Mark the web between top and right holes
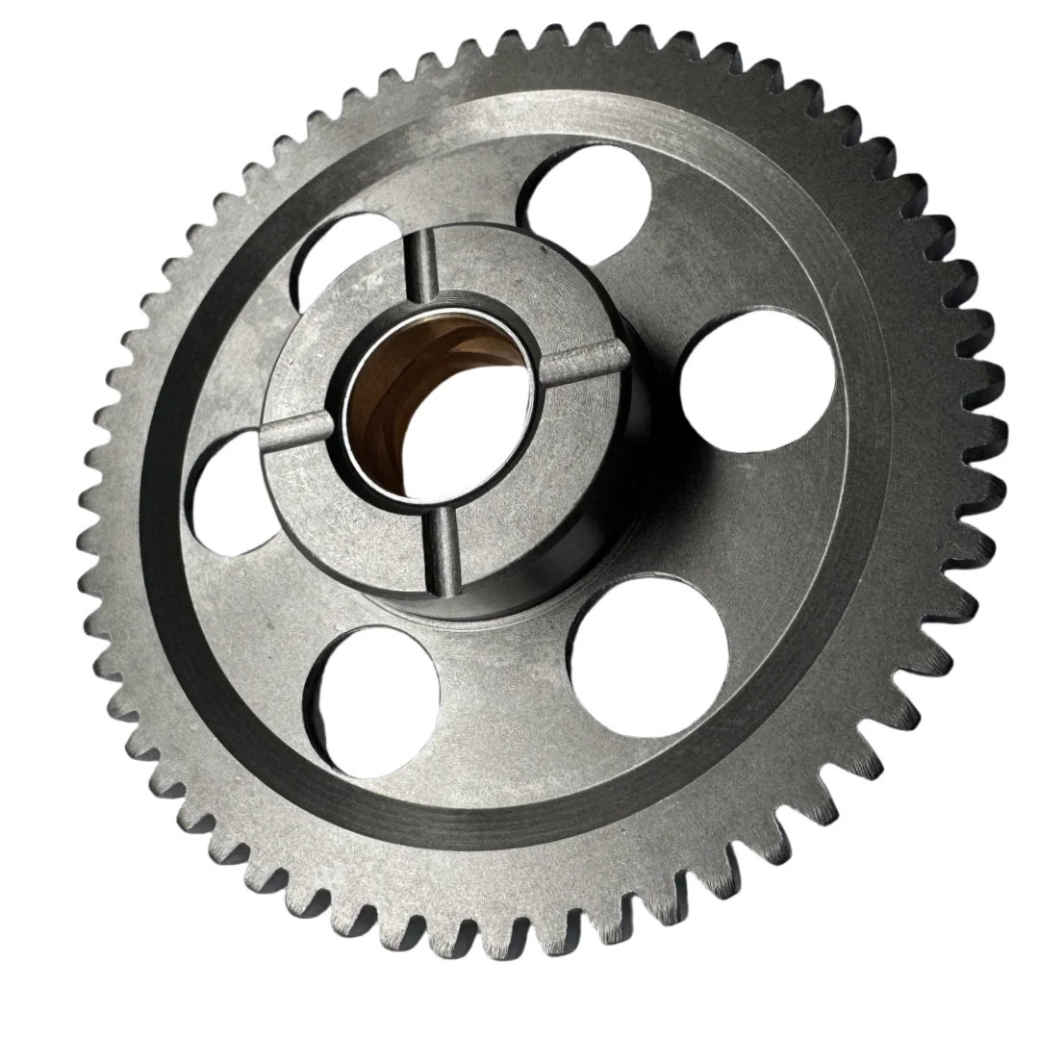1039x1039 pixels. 702,250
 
